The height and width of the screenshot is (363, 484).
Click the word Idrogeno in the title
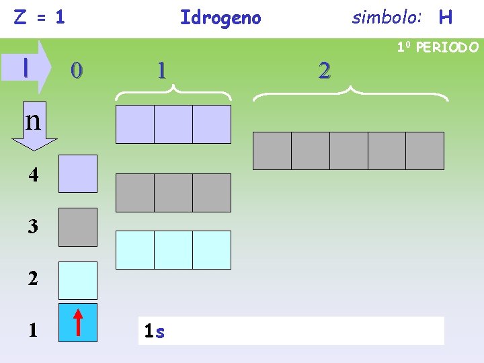coord(220,17)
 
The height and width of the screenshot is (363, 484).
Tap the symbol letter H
coord(445,17)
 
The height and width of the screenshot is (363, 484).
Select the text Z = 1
coord(40,17)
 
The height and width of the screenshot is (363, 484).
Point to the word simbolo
coord(387,17)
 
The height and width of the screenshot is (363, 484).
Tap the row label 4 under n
coord(33,175)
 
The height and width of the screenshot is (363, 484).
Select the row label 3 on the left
coord(33,227)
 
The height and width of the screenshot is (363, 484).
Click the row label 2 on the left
coord(33,279)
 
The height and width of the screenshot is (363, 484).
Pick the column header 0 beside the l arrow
coord(77,70)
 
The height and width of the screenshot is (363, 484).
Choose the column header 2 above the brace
coord(325,70)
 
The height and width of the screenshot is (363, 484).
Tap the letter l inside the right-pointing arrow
coord(26,67)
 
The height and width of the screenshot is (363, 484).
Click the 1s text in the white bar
coord(155,331)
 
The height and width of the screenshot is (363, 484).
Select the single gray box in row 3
coord(78,227)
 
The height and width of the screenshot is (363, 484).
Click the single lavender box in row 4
coord(78,174)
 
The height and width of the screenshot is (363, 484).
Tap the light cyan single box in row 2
coord(78,280)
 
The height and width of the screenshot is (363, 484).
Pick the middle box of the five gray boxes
coord(348,151)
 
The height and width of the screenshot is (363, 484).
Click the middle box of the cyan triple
coord(173,250)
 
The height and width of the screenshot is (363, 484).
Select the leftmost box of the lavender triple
coord(135,124)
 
